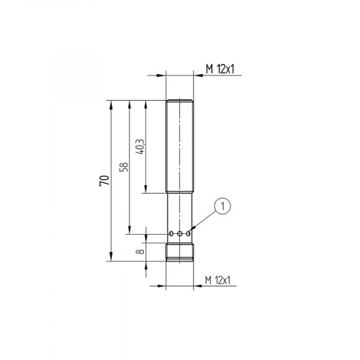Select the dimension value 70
(104, 180)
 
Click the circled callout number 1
(223, 207)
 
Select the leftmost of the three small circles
(171, 234)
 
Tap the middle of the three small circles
(181, 234)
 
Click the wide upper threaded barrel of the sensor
(181, 144)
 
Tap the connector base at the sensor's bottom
(181, 253)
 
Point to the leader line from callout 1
(205, 220)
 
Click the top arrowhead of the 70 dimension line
(112, 103)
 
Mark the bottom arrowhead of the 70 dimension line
(112, 259)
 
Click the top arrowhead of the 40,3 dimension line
(147, 103)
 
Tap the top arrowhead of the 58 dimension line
(129, 103)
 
